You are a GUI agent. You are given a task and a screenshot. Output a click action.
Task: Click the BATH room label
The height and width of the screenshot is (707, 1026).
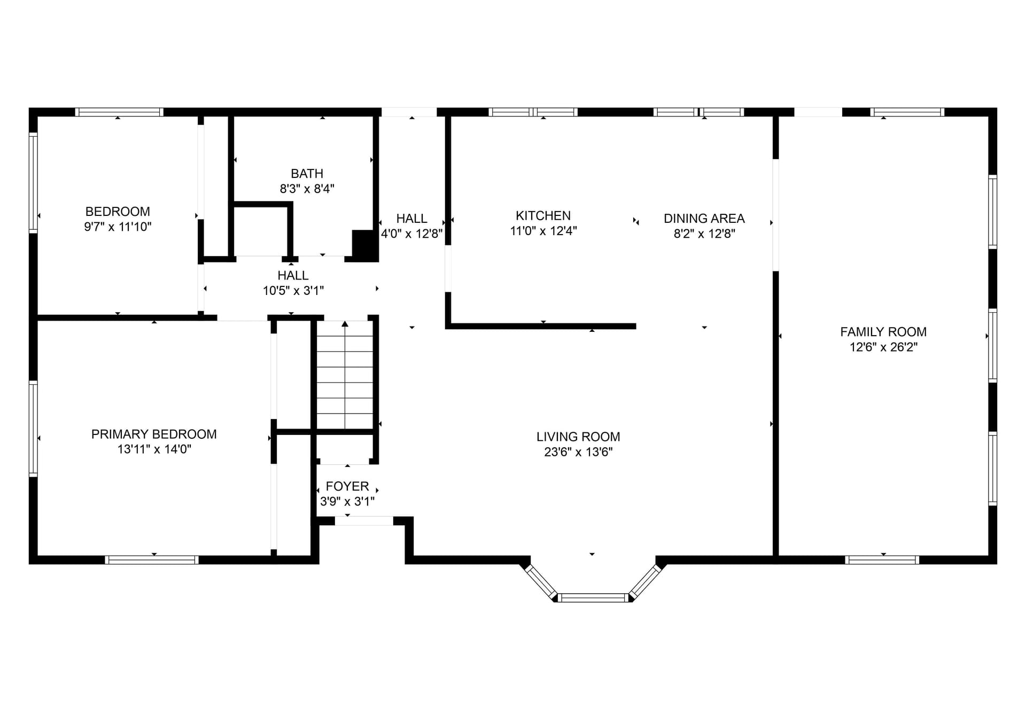[x=307, y=174]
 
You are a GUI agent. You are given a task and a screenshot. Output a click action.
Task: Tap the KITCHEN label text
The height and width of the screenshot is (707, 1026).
[x=543, y=216]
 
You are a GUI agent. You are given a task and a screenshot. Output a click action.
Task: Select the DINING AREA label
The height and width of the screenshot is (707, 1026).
[x=704, y=219]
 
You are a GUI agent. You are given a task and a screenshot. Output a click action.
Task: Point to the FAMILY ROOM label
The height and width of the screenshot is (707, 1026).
[x=883, y=332]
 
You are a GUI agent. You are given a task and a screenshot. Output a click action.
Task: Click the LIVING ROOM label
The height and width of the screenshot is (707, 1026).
[x=578, y=437]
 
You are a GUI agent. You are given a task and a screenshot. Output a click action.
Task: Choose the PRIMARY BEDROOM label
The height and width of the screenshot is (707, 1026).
[x=154, y=434]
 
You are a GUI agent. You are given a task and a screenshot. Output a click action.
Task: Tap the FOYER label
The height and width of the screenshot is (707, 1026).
[x=347, y=486]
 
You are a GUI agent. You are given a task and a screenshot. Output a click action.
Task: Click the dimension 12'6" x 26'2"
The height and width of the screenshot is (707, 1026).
[x=883, y=347]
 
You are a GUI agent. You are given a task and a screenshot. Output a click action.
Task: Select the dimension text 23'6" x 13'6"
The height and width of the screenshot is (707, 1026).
[x=578, y=452]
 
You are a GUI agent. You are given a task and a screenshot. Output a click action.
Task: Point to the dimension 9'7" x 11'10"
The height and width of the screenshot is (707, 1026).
[x=118, y=227]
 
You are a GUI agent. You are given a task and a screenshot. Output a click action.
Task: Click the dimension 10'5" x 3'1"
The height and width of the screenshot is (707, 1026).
[x=293, y=291]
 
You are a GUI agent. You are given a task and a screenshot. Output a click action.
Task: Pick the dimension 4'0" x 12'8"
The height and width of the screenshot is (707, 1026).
[x=411, y=234]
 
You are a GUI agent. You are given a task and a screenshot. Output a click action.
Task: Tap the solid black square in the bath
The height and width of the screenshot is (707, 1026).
[x=365, y=245]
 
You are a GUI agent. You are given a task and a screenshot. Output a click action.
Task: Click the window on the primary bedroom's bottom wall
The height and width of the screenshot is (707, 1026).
[x=152, y=560]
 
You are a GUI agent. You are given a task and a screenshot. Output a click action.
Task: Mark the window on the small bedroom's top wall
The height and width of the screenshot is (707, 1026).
[x=119, y=112]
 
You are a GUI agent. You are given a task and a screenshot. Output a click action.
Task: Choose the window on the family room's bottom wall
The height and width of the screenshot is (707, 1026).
[x=882, y=560]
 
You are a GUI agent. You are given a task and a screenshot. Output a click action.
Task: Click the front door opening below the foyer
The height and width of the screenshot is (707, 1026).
[x=364, y=520]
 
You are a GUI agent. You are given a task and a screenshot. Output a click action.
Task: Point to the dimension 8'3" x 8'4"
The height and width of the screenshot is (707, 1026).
[x=307, y=189]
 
